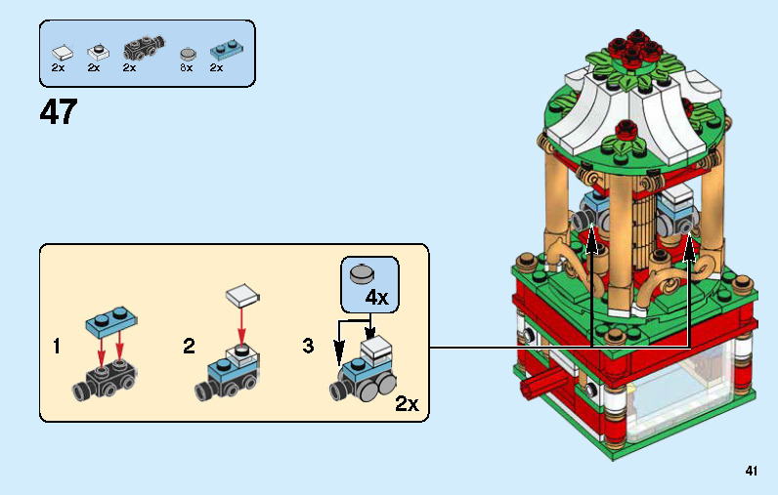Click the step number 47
click(x=58, y=111)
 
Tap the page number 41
click(x=751, y=471)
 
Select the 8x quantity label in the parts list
click(x=187, y=68)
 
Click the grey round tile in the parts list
click(x=188, y=51)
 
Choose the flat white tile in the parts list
click(x=62, y=50)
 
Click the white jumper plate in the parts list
click(x=97, y=49)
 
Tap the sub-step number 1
click(x=58, y=346)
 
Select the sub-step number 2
click(x=189, y=346)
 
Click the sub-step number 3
click(x=309, y=346)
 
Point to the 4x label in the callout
click(x=376, y=297)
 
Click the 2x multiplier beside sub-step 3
click(x=407, y=403)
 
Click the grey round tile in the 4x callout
click(x=364, y=273)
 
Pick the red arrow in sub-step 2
click(x=240, y=322)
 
